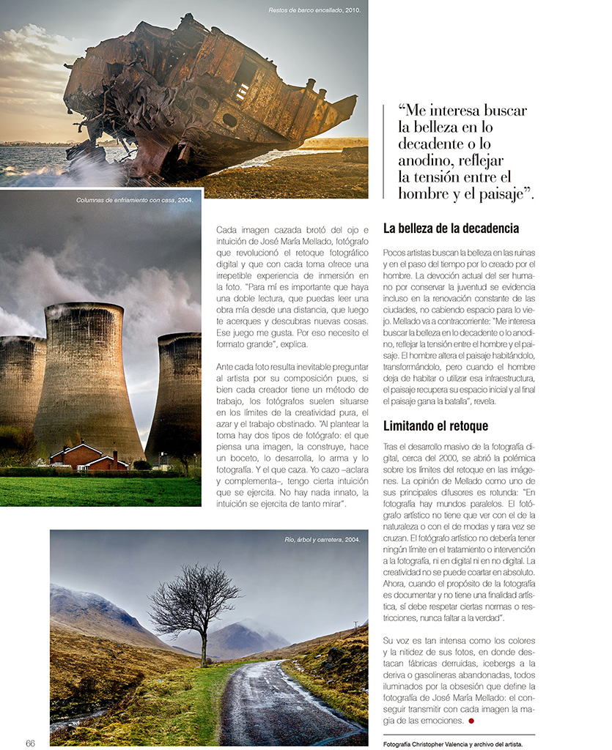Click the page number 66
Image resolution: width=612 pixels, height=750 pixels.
(x=30, y=743)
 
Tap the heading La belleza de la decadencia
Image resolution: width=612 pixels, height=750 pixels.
(x=451, y=229)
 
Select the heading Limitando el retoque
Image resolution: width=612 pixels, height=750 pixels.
(x=435, y=426)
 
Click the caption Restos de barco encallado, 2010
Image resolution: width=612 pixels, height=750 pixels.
(x=315, y=11)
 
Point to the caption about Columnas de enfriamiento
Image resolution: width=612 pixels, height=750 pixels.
(x=135, y=199)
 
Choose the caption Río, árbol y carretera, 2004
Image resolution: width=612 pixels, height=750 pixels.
(x=322, y=540)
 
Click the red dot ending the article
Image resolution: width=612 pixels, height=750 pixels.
(x=471, y=721)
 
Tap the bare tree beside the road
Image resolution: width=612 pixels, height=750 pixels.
(x=196, y=604)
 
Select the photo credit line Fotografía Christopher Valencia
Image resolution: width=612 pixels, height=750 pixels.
(x=453, y=743)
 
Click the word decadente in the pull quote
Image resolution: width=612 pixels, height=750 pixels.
(x=432, y=144)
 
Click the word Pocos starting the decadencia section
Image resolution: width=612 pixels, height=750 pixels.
(x=397, y=252)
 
